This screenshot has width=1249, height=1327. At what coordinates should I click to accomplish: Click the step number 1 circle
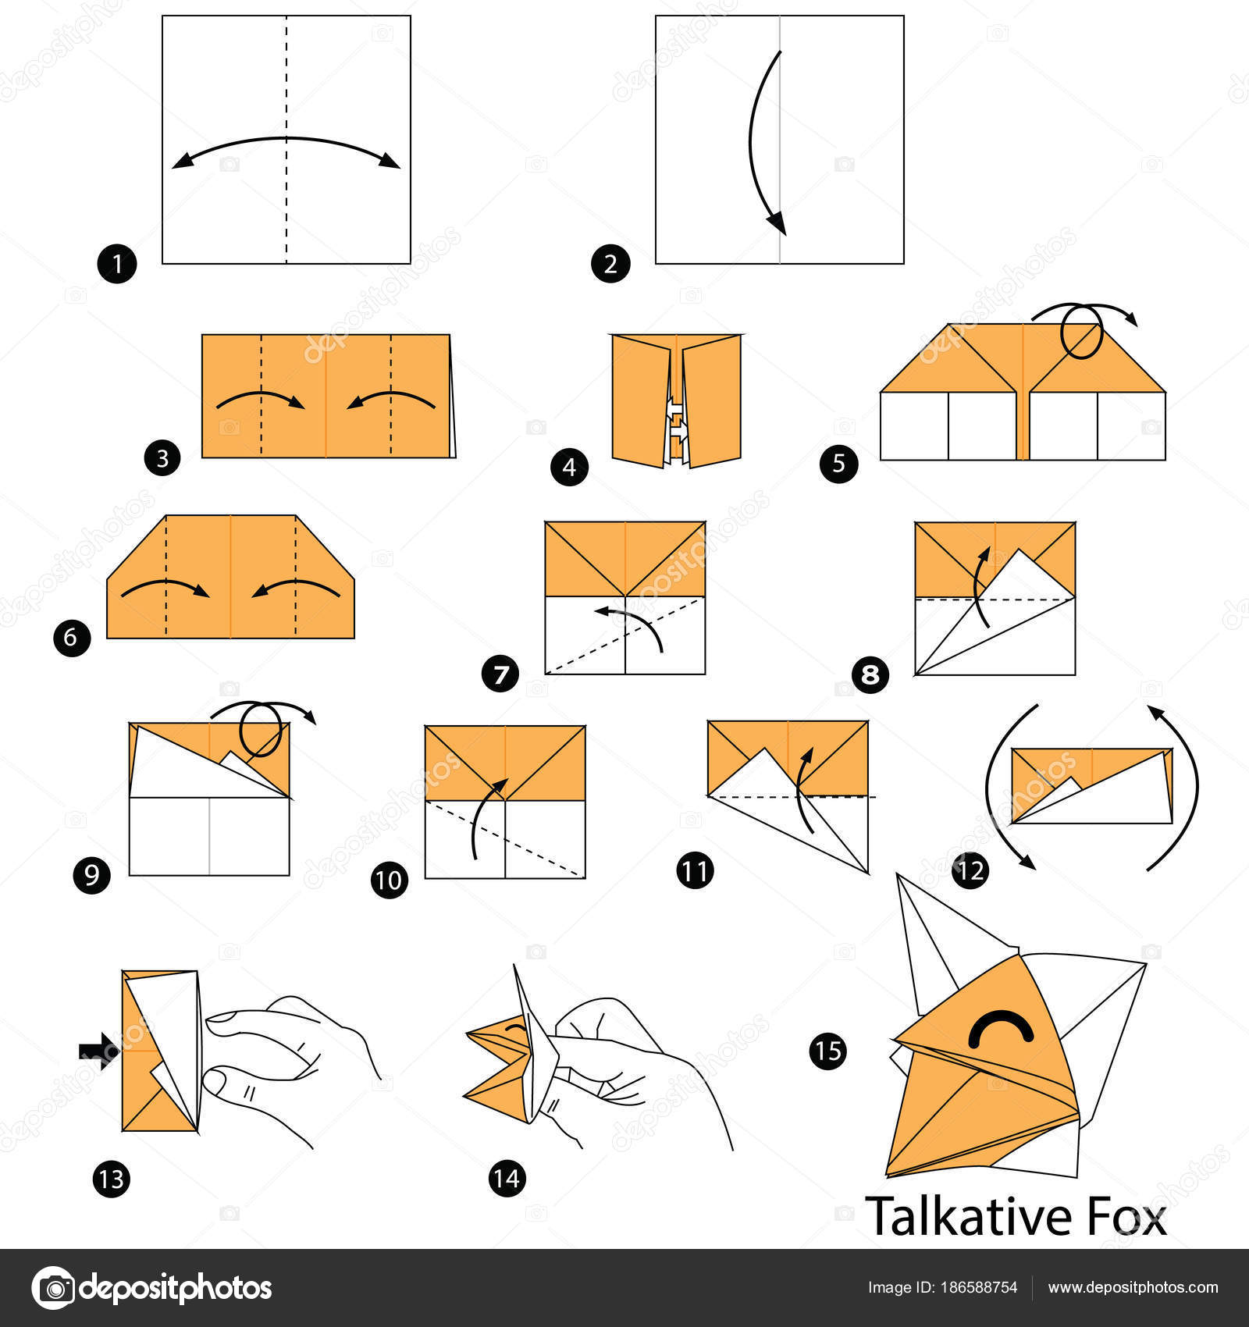(117, 265)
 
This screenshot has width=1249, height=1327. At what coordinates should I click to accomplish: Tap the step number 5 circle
(838, 464)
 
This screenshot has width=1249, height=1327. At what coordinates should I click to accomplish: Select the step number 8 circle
(870, 674)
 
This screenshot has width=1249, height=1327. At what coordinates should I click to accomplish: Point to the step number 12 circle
(970, 870)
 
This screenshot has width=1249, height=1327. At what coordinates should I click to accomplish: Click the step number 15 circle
(828, 1051)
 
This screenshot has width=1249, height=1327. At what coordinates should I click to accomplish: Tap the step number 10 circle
(390, 880)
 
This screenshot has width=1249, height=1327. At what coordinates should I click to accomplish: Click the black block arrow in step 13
(99, 1051)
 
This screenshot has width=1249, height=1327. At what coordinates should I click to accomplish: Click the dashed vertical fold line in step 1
(286, 140)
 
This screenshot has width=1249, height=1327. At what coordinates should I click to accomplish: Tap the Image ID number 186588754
(980, 1288)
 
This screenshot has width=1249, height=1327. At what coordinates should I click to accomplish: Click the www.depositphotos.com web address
(1133, 1288)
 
